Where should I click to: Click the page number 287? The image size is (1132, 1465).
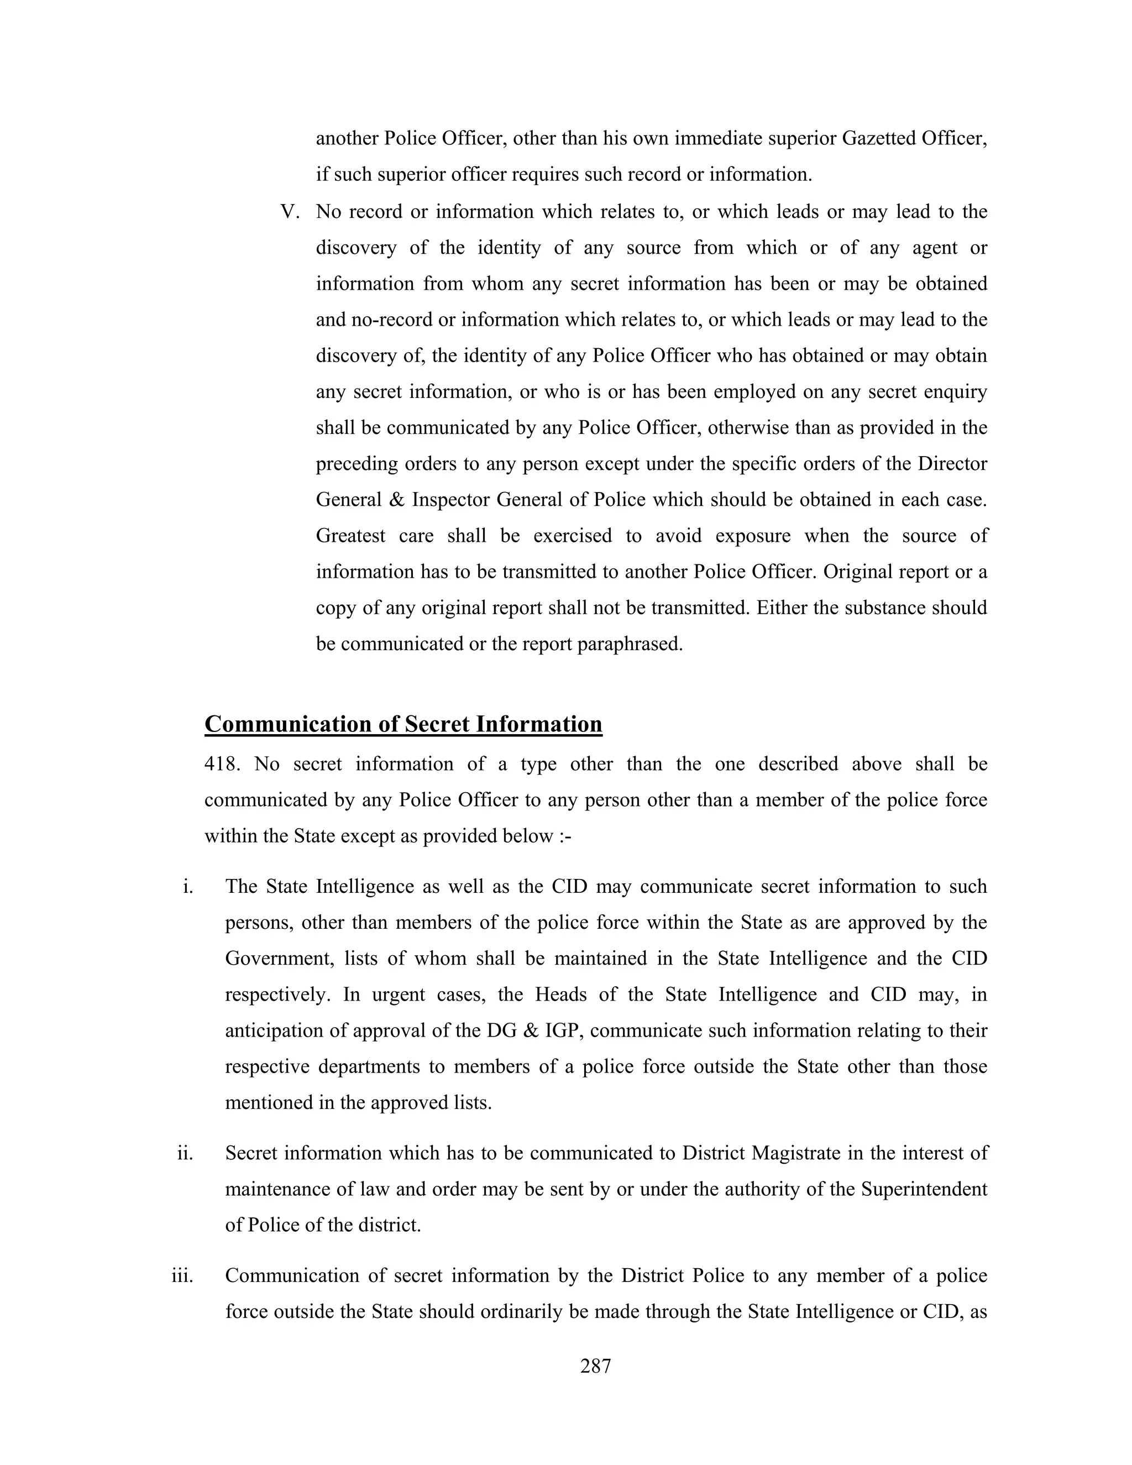[595, 1367]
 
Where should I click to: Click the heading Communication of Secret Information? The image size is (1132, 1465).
[403, 724]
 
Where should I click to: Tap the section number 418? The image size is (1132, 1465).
[221, 764]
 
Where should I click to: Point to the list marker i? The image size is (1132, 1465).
[188, 886]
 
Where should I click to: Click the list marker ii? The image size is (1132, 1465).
[185, 1153]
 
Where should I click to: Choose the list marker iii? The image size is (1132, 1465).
[182, 1275]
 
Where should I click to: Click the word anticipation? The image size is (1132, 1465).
[274, 1030]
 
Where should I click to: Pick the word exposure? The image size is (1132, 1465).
[750, 536]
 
